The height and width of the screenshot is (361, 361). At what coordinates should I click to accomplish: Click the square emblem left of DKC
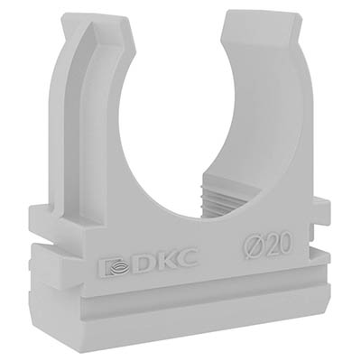coord(115,267)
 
